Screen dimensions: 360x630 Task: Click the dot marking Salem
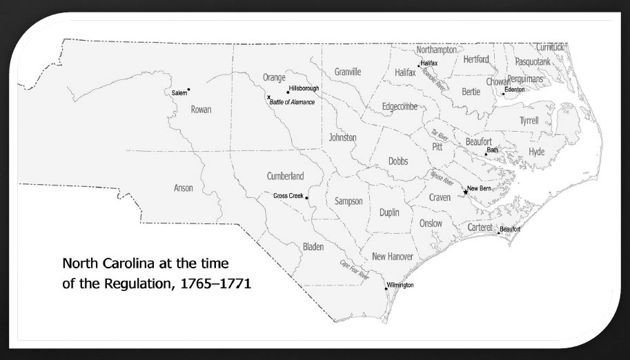188,90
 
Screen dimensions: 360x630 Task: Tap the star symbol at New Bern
465,192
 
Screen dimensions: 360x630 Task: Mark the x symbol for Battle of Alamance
268,97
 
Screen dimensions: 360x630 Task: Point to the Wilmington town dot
386,289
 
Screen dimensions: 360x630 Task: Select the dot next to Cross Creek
306,197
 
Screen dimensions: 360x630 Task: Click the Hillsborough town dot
288,92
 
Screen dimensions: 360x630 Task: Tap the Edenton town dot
503,94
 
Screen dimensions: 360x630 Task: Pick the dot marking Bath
486,154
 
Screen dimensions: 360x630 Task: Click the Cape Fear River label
355,269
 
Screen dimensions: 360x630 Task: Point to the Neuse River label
442,178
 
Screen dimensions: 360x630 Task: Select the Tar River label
440,133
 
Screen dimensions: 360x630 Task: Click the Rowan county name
201,109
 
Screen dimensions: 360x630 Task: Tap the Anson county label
184,188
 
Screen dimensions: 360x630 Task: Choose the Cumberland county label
285,176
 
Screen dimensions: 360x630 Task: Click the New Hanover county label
392,257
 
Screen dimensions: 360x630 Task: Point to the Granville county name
348,72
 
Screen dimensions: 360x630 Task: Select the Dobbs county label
398,161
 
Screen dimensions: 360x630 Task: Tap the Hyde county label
536,151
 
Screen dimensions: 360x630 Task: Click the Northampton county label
437,50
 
